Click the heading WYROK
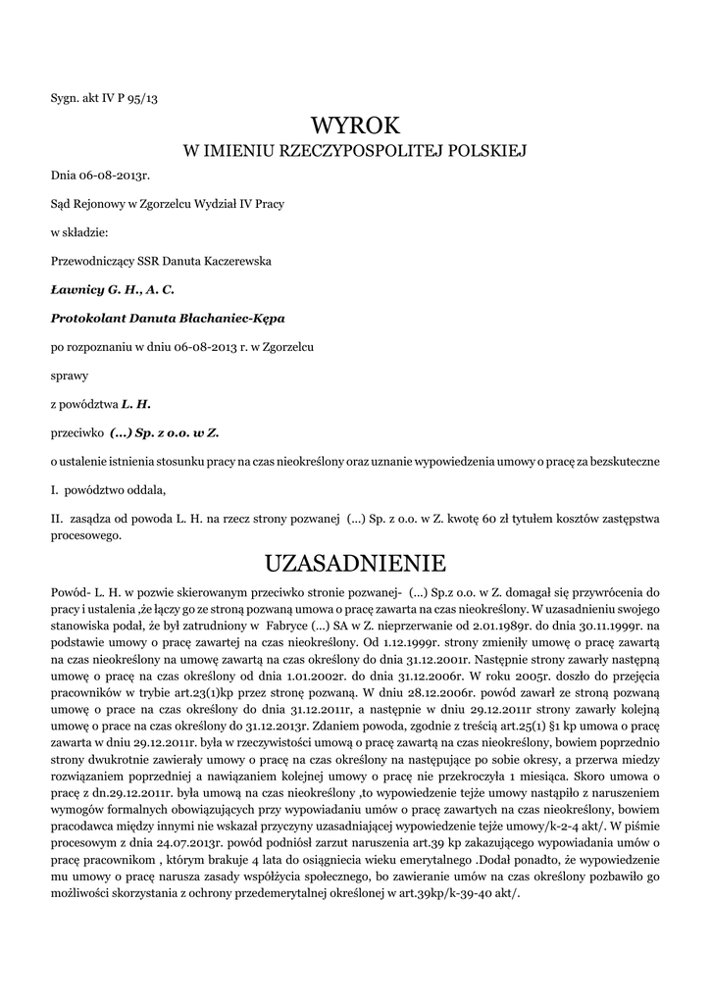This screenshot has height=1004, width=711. pyautogui.click(x=355, y=125)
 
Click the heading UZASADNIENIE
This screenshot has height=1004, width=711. pyautogui.click(x=355, y=564)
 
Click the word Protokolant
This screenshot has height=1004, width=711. pyautogui.click(x=86, y=319)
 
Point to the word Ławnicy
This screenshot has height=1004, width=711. pyautogui.click(x=76, y=290)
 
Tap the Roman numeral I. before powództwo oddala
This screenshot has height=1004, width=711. pyautogui.click(x=55, y=489)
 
